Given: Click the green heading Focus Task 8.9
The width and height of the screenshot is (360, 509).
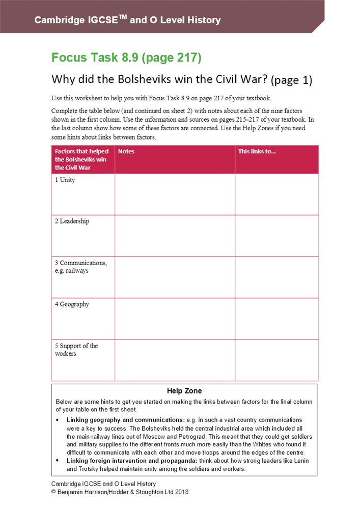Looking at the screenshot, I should coord(126,58).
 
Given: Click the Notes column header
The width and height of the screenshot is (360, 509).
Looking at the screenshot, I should coord(126,152).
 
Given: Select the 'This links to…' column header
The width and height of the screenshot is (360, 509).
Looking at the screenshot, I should coord(257,152).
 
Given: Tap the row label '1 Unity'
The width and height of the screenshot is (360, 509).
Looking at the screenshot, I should coord(65,180).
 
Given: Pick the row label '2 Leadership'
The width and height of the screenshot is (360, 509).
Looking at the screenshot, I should coord(72,221).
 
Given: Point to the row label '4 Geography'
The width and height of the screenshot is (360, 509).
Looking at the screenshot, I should coord(72,304).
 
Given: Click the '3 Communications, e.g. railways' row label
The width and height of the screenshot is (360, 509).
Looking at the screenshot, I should coord(80,267).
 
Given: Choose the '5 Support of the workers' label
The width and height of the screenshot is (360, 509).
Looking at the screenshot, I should coord(76,350).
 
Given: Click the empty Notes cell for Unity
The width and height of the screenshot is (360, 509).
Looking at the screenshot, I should coord(175,194).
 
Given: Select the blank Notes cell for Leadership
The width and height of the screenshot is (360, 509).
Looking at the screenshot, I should coord(175,236).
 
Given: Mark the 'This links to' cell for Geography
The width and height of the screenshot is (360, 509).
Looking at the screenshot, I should coord(276,319).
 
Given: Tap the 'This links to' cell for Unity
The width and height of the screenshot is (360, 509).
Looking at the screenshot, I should coord(276,194).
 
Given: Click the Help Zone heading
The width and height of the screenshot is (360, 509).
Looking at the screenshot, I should coord(184,391).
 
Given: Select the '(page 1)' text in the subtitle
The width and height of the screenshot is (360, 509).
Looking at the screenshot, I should coord(292,80).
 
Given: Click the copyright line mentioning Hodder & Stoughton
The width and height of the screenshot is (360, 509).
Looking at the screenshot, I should coord(120,492).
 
